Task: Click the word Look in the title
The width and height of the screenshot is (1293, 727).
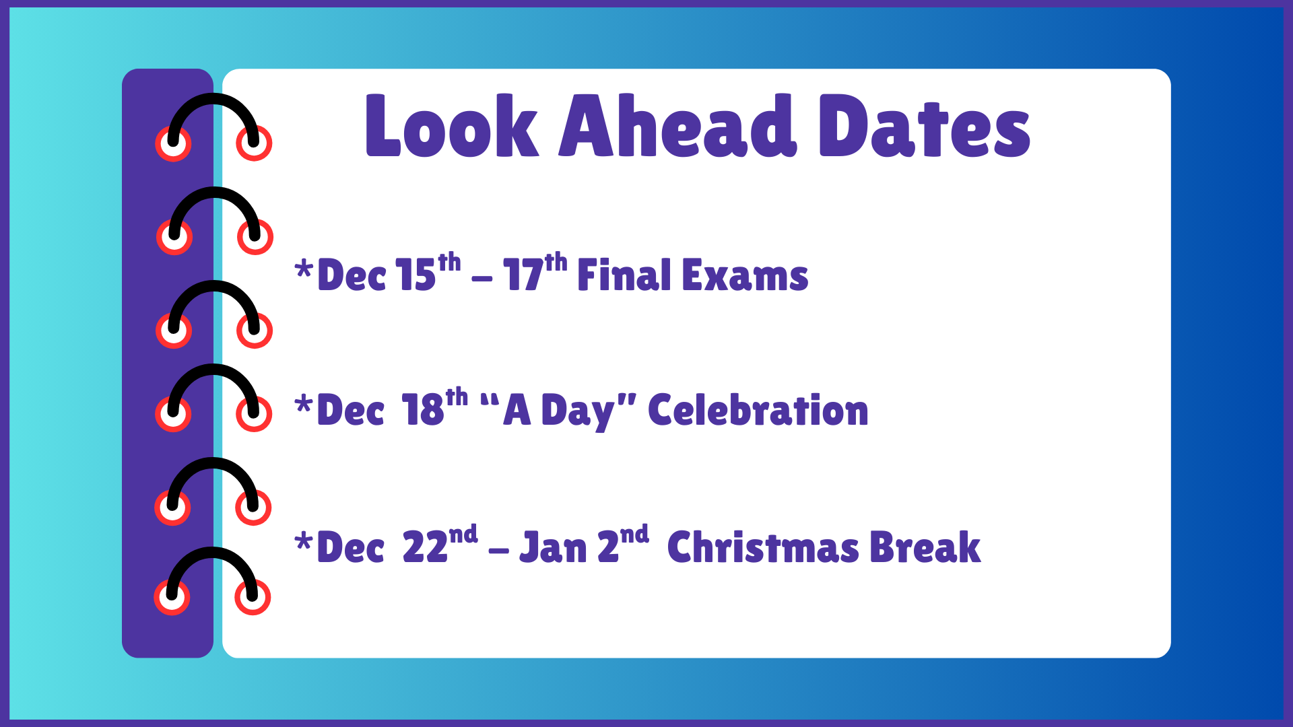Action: pyautogui.click(x=452, y=126)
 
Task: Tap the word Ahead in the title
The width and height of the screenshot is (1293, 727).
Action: pyautogui.click(x=678, y=126)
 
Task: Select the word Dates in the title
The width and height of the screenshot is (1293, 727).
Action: pyautogui.click(x=925, y=126)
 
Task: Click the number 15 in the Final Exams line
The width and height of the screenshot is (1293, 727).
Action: pyautogui.click(x=416, y=275)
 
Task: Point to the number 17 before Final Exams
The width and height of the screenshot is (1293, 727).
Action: pyautogui.click(x=523, y=275)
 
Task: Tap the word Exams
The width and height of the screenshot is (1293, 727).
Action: pyautogui.click(x=745, y=275)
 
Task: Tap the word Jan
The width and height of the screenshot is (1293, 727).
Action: pyautogui.click(x=554, y=547)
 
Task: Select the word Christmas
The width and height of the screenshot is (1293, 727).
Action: pyautogui.click(x=763, y=547)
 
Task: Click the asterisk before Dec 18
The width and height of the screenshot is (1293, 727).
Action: pyautogui.click(x=304, y=405)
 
